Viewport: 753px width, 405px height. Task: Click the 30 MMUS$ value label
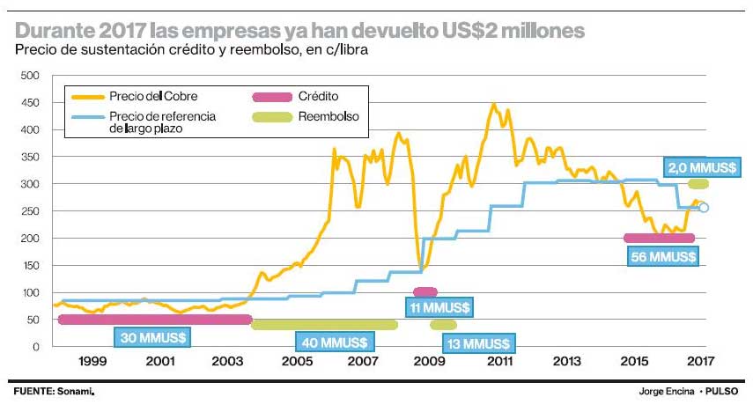pyautogui.click(x=152, y=337)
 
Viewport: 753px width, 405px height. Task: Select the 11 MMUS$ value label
pyautogui.click(x=439, y=307)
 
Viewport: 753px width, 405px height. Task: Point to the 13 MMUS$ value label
pyautogui.click(x=480, y=342)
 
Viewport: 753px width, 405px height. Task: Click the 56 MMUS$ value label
pyautogui.click(x=665, y=256)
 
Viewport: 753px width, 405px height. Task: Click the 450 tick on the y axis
pyautogui.click(x=30, y=103)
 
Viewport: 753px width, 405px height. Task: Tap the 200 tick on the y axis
pyautogui.click(x=30, y=239)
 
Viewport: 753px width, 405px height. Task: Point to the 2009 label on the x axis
pyautogui.click(x=429, y=362)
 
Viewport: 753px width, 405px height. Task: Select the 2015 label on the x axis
pyautogui.click(x=631, y=362)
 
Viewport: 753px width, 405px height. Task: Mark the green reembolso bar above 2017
pyautogui.click(x=698, y=184)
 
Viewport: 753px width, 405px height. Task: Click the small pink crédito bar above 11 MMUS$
pyautogui.click(x=425, y=291)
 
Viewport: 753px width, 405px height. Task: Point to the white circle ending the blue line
pyautogui.click(x=703, y=208)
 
